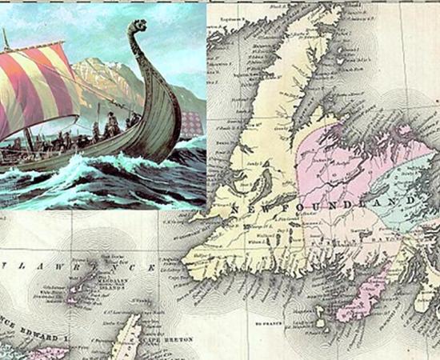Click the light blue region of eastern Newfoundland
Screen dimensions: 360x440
(404, 184)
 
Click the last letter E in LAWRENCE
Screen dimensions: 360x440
(150, 266)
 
